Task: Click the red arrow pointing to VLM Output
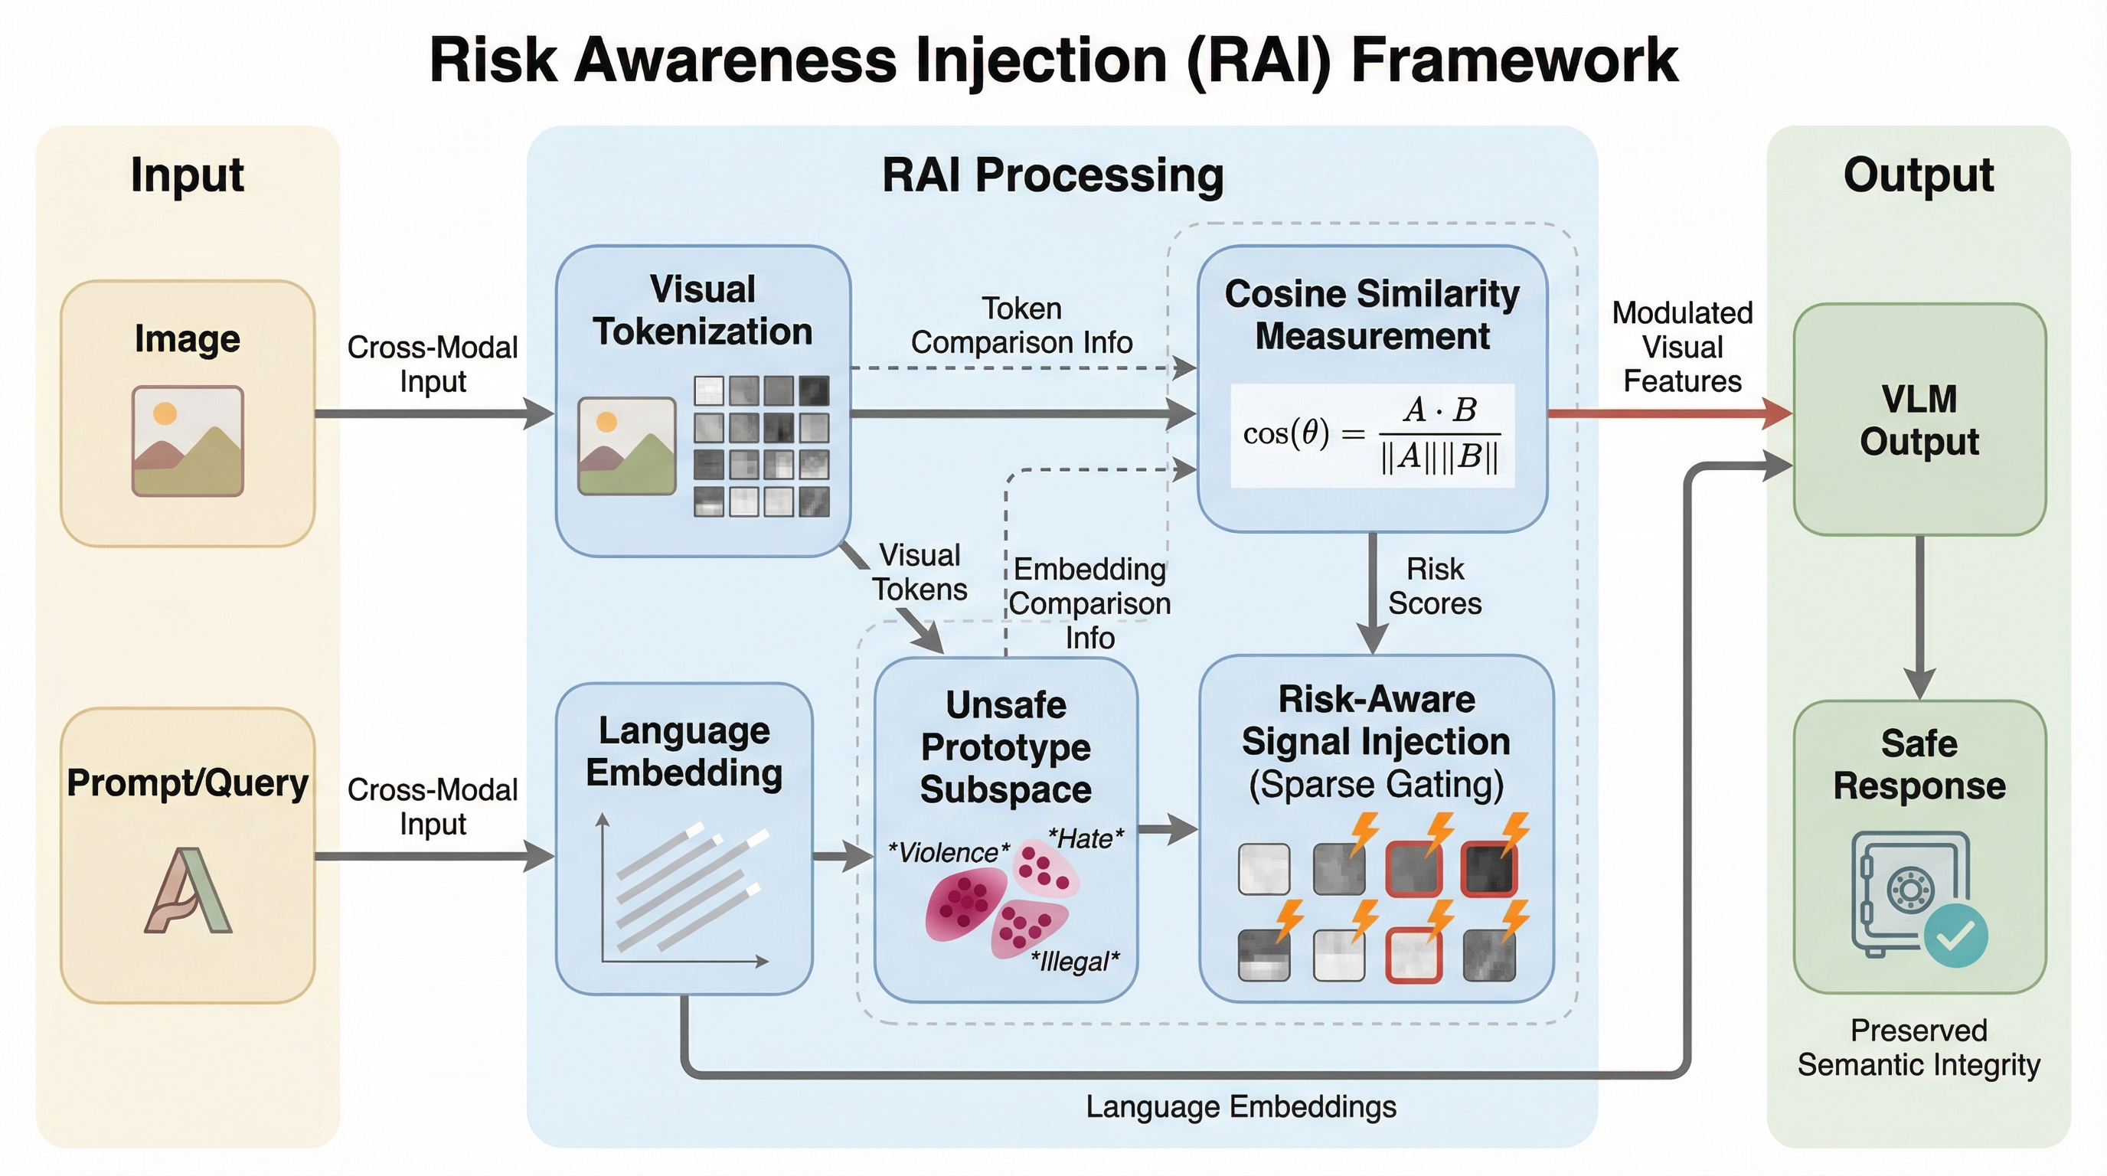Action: click(x=1668, y=413)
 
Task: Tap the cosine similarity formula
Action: click(x=1372, y=434)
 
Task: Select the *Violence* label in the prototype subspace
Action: click(x=949, y=853)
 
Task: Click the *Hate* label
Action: click(x=1086, y=838)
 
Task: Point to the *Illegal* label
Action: click(x=1075, y=961)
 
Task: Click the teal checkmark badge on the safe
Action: click(x=1955, y=936)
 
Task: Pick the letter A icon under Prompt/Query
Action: click(x=188, y=890)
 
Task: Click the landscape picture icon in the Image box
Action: click(x=188, y=441)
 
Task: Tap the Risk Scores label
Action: click(x=1435, y=586)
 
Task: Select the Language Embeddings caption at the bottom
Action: click(x=1241, y=1106)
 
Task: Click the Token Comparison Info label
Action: click(x=1021, y=325)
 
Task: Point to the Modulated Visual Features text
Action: click(x=1683, y=347)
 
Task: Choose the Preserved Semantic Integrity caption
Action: click(x=1919, y=1047)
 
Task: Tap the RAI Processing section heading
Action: click(x=1053, y=175)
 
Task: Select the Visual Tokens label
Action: click(x=920, y=573)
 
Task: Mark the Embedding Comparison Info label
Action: click(x=1089, y=603)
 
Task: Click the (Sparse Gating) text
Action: click(x=1376, y=784)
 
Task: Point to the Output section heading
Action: click(x=1918, y=175)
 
